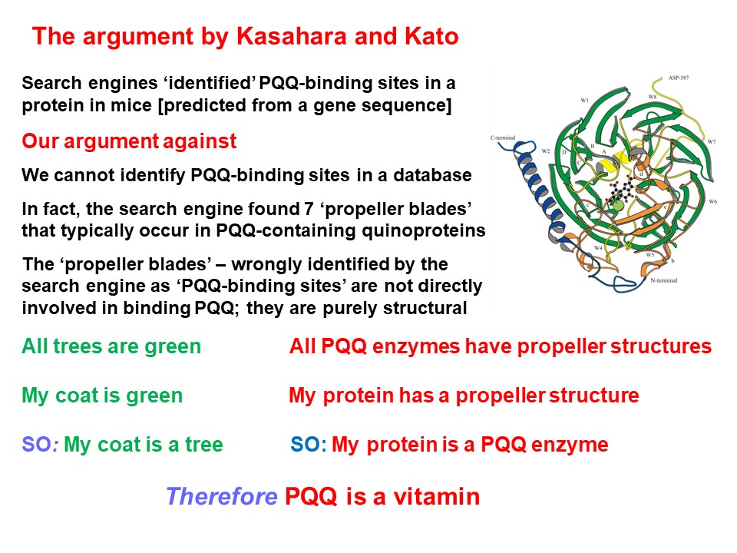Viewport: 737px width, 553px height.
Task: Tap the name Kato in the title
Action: [x=431, y=36]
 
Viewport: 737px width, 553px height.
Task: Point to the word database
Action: [x=432, y=175]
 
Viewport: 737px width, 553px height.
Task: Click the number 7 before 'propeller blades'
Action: [x=309, y=208]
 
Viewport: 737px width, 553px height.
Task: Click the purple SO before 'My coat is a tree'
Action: [x=37, y=445]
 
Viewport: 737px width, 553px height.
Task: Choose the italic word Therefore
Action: [x=221, y=497]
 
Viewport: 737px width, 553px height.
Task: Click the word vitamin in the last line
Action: [x=437, y=497]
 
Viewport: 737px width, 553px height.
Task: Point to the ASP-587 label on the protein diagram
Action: [x=678, y=78]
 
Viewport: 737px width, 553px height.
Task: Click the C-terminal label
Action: [x=503, y=137]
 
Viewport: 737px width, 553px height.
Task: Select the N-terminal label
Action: [x=663, y=280]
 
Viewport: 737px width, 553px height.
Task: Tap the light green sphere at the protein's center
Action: [x=618, y=204]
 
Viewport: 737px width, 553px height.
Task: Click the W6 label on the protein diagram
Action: [x=713, y=201]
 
